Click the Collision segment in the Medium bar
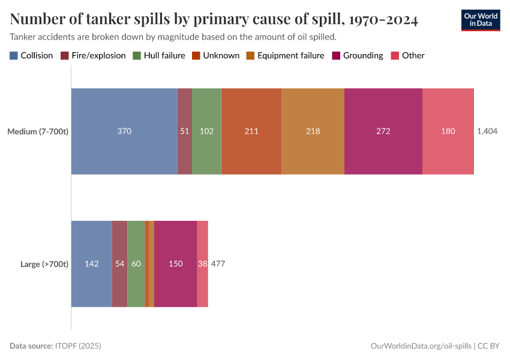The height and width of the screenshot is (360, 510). coord(124,131)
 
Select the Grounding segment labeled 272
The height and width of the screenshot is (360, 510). coord(383,131)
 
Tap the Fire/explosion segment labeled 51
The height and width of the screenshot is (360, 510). coord(185,131)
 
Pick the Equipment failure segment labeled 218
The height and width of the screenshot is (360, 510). coord(313,131)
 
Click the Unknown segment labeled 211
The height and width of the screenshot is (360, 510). coord(251,131)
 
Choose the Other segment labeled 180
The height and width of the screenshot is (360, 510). coord(448,131)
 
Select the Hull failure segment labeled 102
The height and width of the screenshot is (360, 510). coord(206,131)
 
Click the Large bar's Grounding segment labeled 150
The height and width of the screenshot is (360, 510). coord(175,264)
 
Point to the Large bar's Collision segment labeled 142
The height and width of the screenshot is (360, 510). coord(92,264)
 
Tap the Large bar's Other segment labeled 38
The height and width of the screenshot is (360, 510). coord(203,264)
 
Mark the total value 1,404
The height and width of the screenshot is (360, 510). coord(487,131)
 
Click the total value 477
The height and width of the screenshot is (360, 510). coord(218,264)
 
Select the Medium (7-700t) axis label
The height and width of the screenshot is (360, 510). coord(38,131)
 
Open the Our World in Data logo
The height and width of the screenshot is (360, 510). coord(480,20)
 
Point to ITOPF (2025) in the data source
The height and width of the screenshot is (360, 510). coord(78,346)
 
